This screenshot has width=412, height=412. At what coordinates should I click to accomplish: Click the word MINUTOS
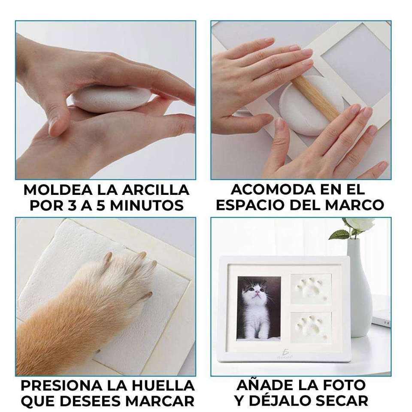pos(147,206)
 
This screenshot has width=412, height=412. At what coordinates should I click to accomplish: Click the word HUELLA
pos(163,385)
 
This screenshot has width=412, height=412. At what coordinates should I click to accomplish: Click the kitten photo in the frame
pos(259,308)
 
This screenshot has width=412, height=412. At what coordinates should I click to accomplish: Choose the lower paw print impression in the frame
pos(312,327)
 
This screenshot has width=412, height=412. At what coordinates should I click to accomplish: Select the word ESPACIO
pos(250,205)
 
